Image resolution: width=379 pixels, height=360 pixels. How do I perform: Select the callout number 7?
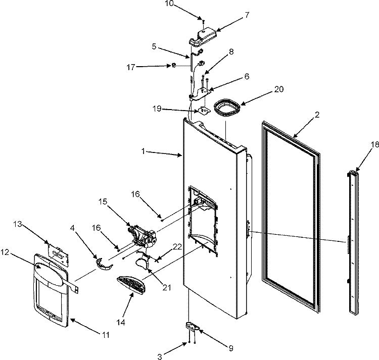[x=247, y=15]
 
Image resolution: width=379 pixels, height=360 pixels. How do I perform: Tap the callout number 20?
[x=279, y=89]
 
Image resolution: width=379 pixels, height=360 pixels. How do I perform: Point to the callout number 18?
[x=359, y=144]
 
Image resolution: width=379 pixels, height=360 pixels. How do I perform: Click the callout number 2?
[x=317, y=115]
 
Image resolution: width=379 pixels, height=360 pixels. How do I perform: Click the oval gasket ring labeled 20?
[x=227, y=109]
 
